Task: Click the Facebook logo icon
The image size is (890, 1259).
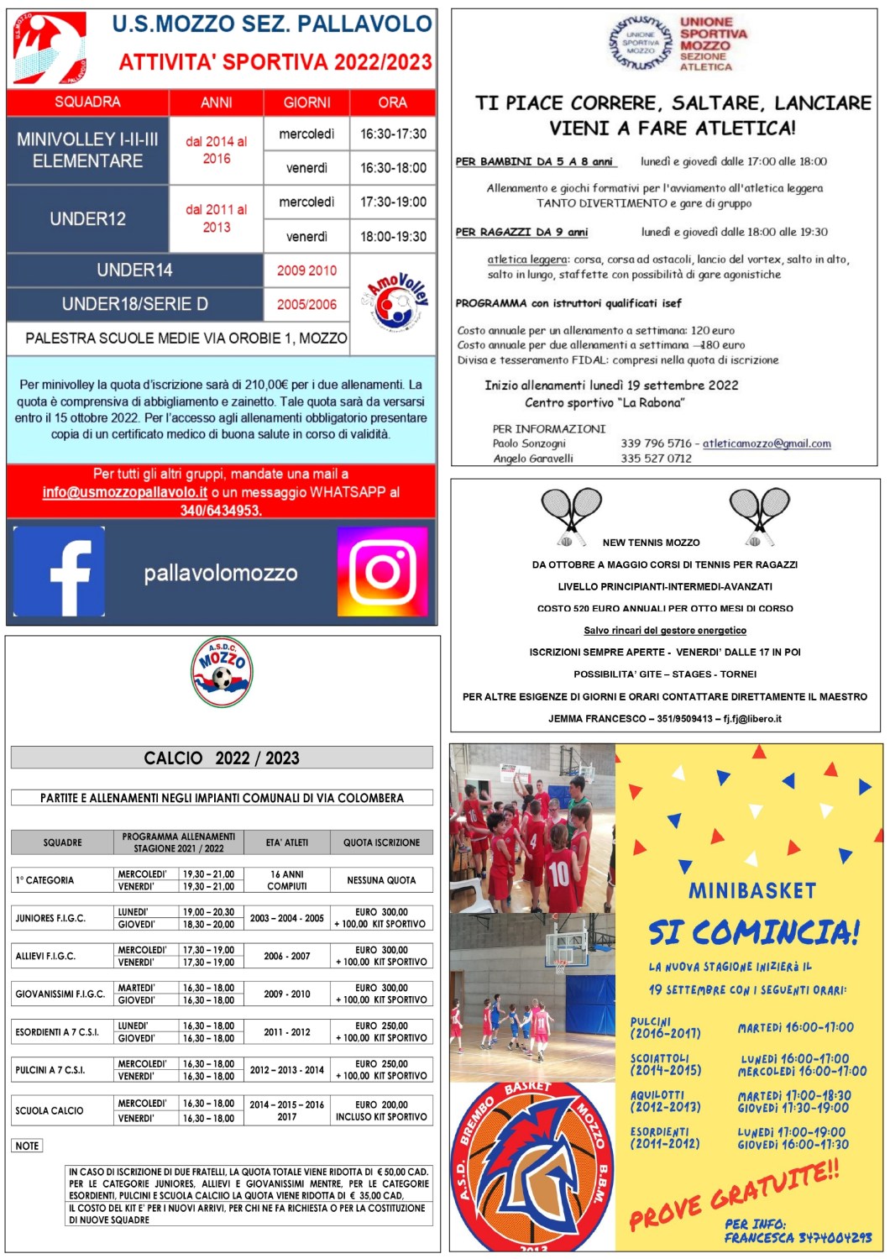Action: tap(59, 572)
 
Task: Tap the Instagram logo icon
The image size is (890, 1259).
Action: tap(382, 572)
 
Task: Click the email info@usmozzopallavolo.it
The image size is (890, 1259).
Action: tap(125, 492)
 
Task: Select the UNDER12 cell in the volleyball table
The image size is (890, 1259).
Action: tap(87, 218)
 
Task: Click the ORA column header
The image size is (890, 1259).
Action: tap(392, 102)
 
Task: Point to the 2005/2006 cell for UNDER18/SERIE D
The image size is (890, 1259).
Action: tap(306, 304)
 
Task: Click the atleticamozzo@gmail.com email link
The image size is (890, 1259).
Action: tap(767, 443)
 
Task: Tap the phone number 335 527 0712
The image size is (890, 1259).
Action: tap(657, 459)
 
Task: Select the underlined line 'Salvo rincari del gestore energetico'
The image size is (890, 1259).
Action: tap(665, 630)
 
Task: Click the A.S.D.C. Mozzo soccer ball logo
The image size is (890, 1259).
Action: tap(222, 671)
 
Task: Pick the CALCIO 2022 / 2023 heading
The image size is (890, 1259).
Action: tap(222, 758)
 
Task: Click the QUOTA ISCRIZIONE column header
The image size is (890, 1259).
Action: tap(381, 842)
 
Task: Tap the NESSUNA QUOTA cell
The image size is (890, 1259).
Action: tap(381, 880)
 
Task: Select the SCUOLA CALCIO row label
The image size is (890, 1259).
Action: tap(50, 1110)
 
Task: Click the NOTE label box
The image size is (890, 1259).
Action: tap(27, 1146)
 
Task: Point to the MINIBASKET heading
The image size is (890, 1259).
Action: tap(752, 890)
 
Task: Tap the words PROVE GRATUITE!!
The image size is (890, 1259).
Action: tap(734, 1193)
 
